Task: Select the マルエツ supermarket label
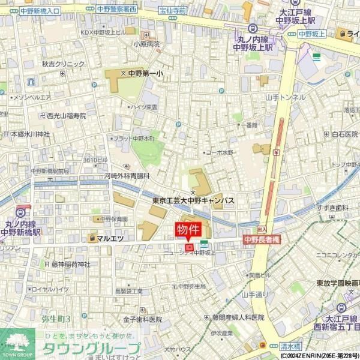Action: tap(110, 238)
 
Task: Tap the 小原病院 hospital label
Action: tap(146, 44)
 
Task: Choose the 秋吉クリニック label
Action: tap(63, 64)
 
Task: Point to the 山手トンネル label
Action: tap(286, 97)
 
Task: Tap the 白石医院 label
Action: tap(344, 134)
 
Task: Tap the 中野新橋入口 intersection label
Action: tap(40, 10)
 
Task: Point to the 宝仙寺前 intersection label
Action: tap(173, 10)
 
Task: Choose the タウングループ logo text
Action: tap(90, 348)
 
